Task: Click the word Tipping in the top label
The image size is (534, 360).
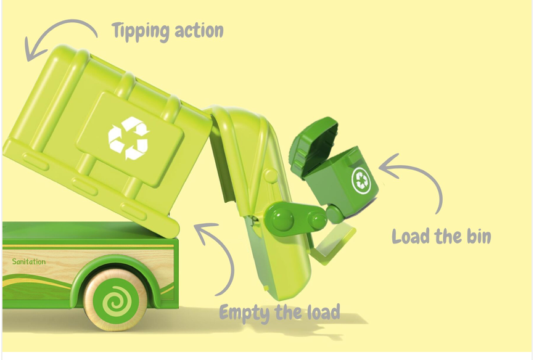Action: (x=141, y=31)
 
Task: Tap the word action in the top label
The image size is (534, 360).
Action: (x=199, y=31)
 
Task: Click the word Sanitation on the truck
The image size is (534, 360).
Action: (x=29, y=261)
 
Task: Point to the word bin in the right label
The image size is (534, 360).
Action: (x=479, y=235)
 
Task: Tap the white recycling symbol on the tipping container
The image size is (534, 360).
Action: (x=128, y=138)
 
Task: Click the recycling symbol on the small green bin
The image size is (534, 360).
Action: (x=361, y=181)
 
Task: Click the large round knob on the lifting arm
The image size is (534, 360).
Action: (x=282, y=218)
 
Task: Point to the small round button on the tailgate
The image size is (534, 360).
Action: (x=271, y=176)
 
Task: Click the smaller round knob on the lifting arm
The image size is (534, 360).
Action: (x=318, y=220)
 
